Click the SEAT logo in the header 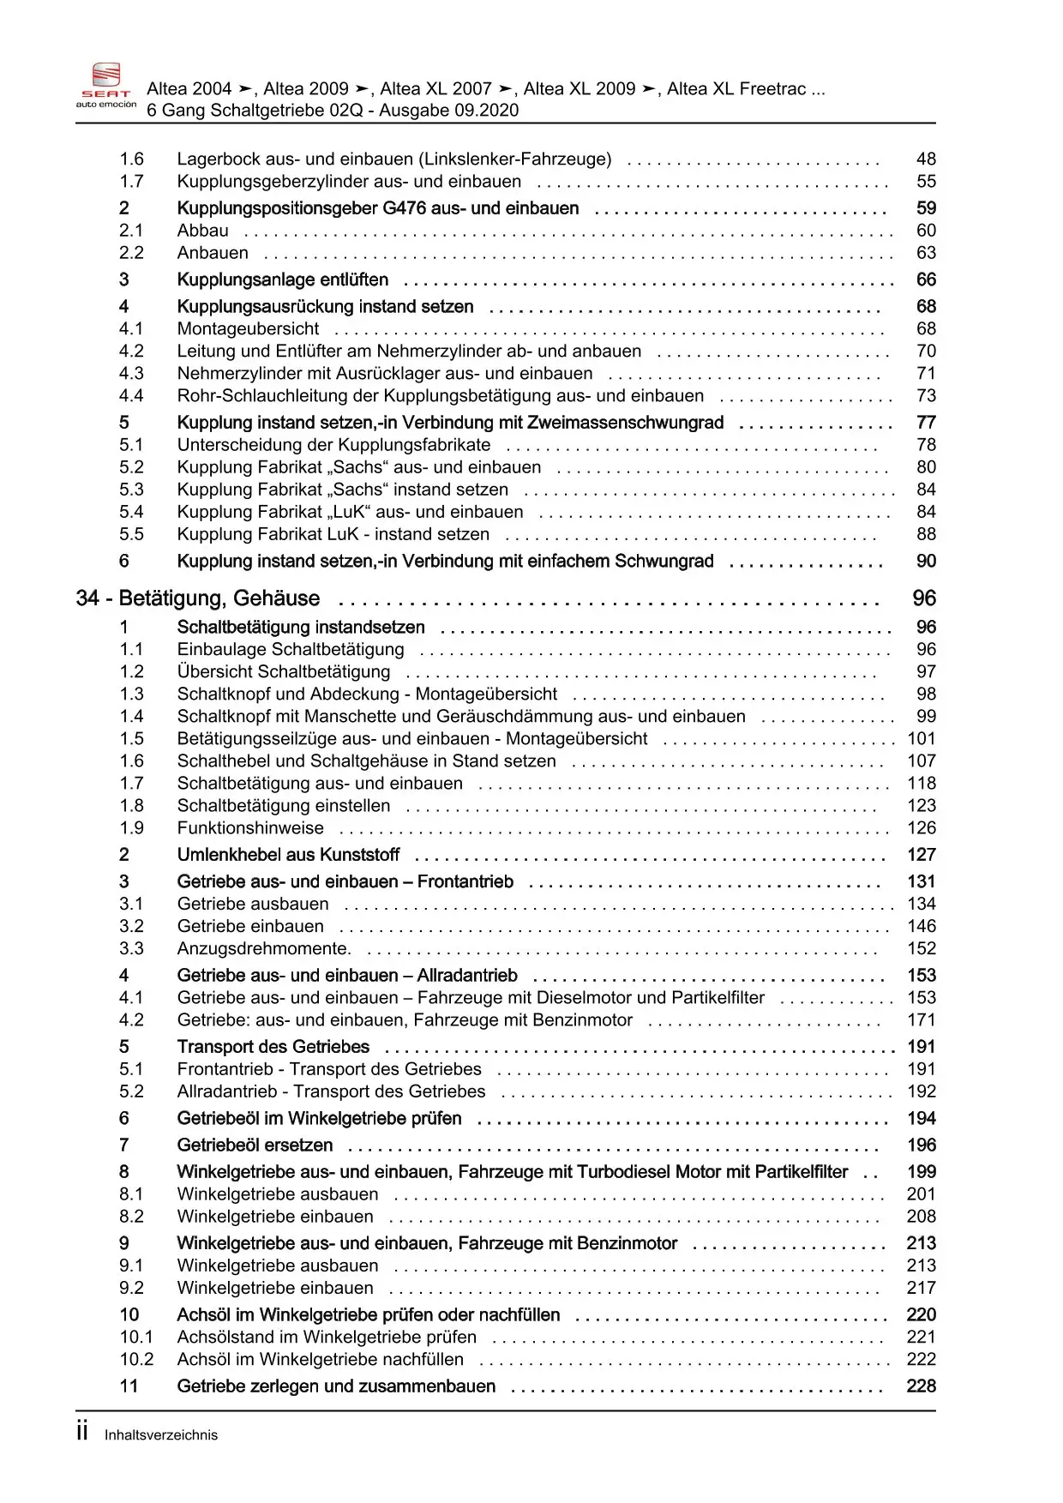105,86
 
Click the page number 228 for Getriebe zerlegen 921,1386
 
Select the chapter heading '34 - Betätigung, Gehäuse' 198,598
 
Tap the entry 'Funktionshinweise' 250,827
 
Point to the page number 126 922,827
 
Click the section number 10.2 136,1359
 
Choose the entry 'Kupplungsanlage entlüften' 282,280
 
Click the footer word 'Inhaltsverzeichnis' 161,1435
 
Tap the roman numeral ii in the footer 82,1432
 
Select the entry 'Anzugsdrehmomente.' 264,948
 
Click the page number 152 922,948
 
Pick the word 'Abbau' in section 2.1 202,230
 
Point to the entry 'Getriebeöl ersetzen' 255,1145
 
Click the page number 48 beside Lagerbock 926,159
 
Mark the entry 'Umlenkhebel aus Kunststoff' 288,854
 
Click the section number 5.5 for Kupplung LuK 131,533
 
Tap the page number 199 922,1171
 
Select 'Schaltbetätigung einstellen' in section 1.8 283,805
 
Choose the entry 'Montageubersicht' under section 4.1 248,328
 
